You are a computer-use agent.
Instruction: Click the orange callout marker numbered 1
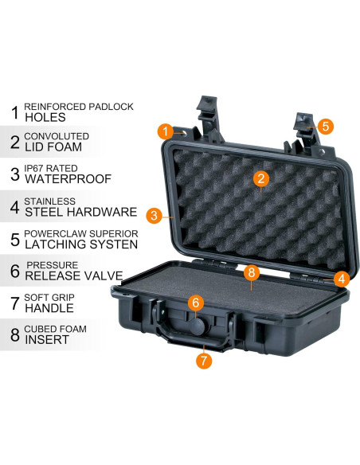click(164, 131)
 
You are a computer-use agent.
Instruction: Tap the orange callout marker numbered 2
click(259, 178)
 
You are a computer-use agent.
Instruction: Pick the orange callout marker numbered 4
click(341, 279)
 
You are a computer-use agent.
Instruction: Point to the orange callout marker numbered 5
click(327, 125)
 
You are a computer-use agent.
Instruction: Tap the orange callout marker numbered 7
click(204, 360)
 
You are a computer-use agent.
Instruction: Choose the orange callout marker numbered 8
click(251, 272)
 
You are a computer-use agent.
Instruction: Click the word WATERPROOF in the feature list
click(68, 180)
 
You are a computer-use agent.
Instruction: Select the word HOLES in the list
click(45, 116)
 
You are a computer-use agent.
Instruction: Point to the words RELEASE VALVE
click(73, 276)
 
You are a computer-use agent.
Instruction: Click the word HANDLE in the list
click(50, 308)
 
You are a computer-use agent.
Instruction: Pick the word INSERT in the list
click(47, 340)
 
